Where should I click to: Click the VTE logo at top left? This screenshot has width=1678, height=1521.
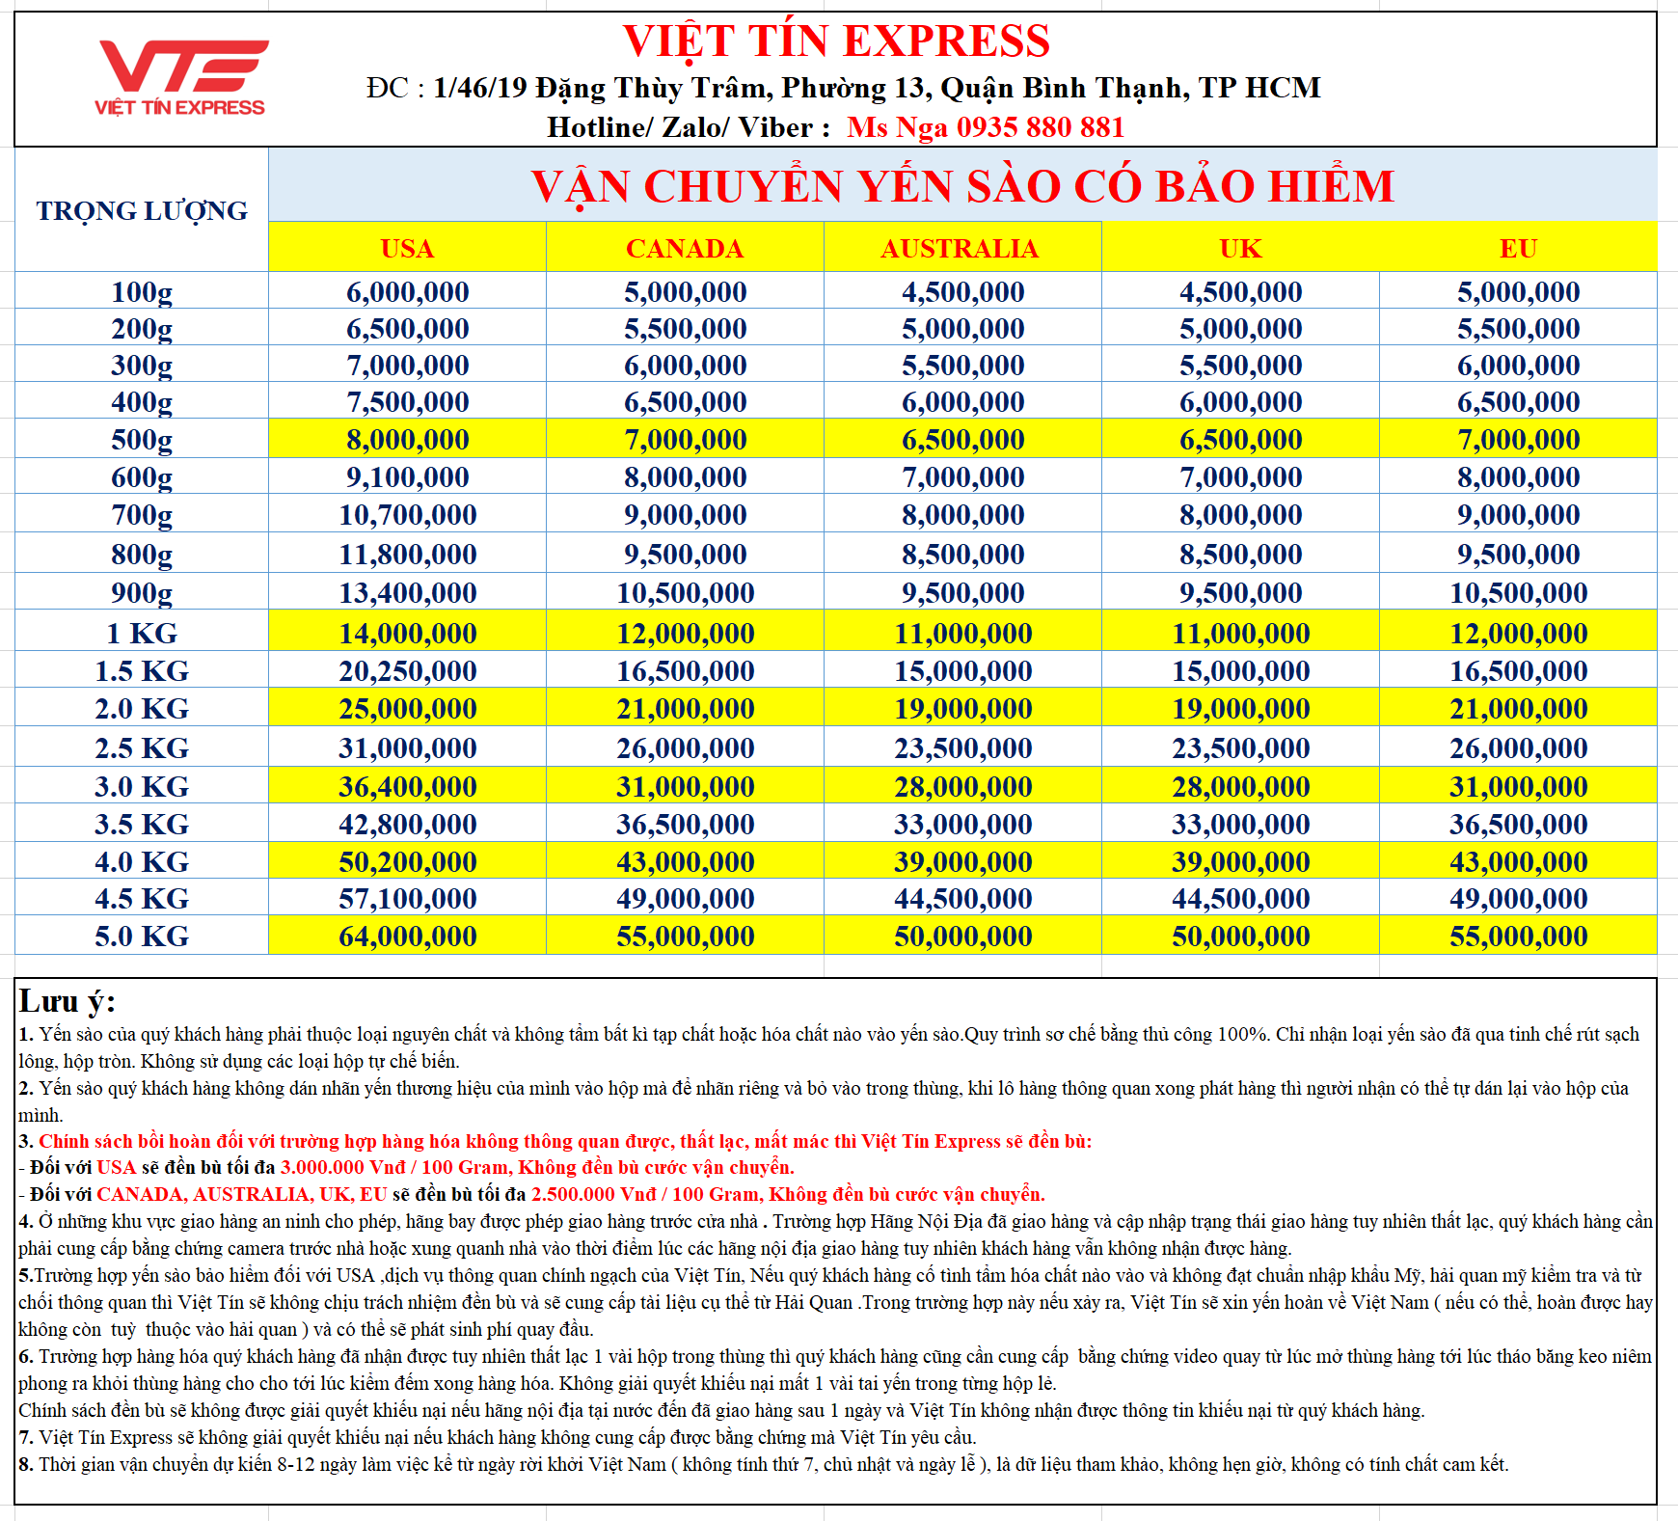[180, 77]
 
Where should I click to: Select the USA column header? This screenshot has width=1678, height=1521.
[407, 249]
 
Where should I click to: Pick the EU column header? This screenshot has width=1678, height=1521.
[1518, 249]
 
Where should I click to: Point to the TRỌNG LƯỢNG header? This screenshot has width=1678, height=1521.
[142, 210]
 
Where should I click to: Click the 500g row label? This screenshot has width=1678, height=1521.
[142, 440]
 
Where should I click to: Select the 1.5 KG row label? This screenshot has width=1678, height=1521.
[142, 671]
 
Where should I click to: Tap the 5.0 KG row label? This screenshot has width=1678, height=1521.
[142, 937]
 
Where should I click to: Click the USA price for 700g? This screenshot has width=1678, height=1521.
[407, 515]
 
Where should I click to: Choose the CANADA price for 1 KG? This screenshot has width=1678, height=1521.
[685, 634]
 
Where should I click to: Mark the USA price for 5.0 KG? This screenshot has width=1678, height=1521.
[407, 937]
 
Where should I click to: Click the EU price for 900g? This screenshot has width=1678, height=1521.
[1518, 593]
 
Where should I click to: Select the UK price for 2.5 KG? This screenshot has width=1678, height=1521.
[1240, 748]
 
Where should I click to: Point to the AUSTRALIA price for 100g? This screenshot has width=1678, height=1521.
[962, 292]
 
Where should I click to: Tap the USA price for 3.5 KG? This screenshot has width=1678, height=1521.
[407, 825]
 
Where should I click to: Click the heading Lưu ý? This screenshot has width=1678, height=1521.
[67, 1001]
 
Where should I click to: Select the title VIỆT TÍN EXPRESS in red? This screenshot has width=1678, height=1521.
[836, 41]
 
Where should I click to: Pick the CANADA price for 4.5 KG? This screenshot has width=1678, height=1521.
[685, 899]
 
